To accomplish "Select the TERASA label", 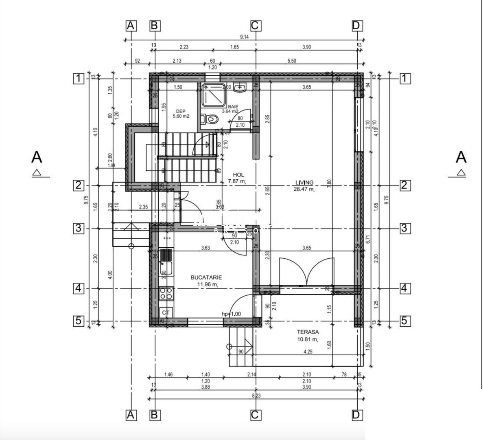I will pyautogui.click(x=308, y=332).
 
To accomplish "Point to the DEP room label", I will pyautogui.click(x=181, y=111).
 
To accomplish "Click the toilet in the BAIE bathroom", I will pyautogui.click(x=211, y=119).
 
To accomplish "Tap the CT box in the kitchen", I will pyautogui.click(x=166, y=312).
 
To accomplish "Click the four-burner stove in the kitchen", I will pyautogui.click(x=166, y=293).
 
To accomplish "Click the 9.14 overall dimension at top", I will pyautogui.click(x=244, y=37).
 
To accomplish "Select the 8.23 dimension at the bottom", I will pyautogui.click(x=256, y=395).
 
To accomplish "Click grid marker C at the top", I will pyautogui.click(x=255, y=26).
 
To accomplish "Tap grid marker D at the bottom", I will pyautogui.click(x=356, y=415).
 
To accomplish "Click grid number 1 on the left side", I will pyautogui.click(x=79, y=78).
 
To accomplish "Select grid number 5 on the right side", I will pyautogui.click(x=404, y=321).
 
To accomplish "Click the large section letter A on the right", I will pyautogui.click(x=461, y=157).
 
